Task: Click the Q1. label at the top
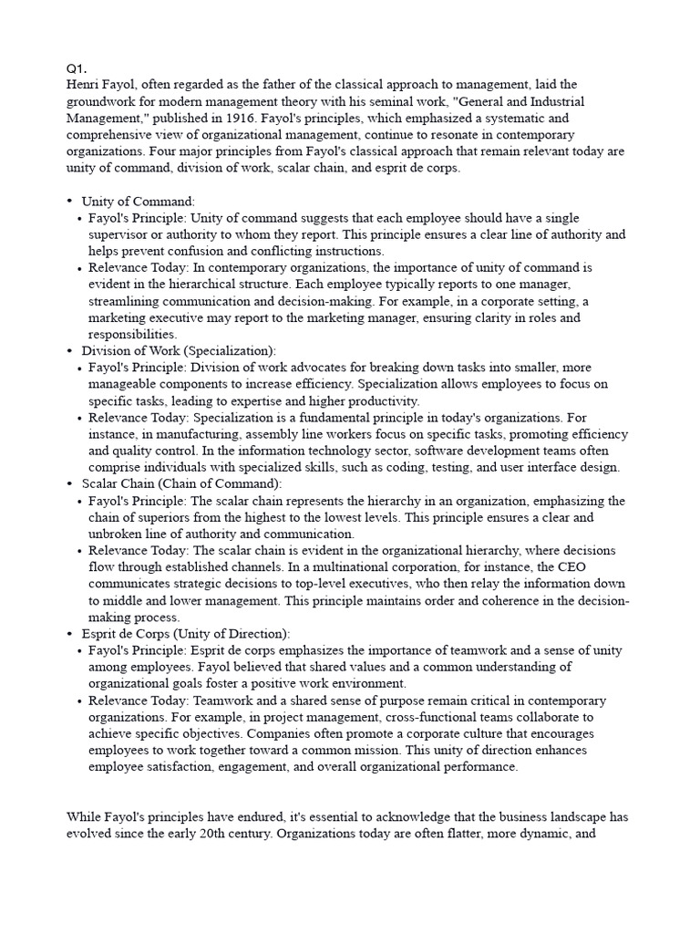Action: (x=76, y=68)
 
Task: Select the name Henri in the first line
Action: (x=85, y=85)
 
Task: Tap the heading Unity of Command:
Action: (x=139, y=202)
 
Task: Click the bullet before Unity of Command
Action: (x=69, y=201)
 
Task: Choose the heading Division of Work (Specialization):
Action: (x=179, y=351)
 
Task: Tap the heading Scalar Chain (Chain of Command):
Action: (x=181, y=484)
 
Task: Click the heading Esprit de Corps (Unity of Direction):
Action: (x=186, y=634)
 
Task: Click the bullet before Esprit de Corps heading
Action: (x=69, y=633)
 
